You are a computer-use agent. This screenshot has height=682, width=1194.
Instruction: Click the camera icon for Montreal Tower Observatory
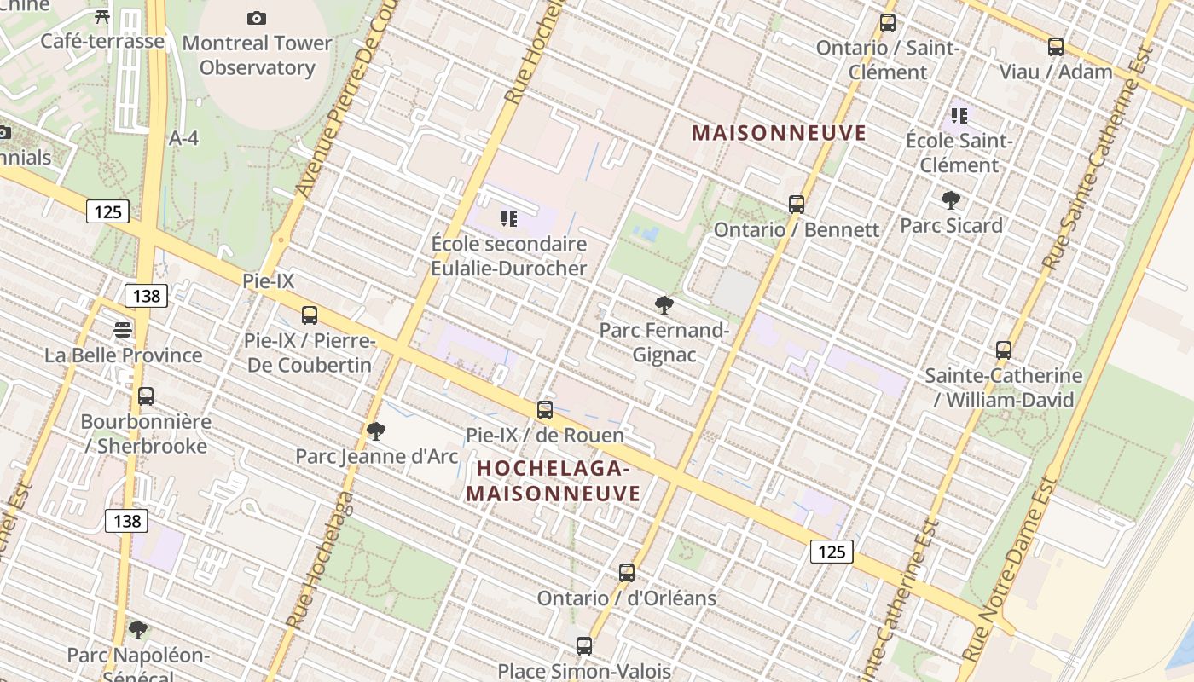256,18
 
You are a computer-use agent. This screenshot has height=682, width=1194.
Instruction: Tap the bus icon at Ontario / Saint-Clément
888,23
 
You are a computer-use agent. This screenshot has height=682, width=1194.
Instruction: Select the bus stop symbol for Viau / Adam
1056,47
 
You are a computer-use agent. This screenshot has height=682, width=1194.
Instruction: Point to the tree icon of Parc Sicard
951,200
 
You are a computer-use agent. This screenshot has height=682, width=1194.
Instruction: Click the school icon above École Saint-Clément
959,115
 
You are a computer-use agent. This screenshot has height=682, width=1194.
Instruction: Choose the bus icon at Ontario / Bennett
797,205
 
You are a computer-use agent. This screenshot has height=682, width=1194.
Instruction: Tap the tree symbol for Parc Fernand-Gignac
664,304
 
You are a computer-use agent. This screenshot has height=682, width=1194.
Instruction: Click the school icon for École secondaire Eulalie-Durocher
509,219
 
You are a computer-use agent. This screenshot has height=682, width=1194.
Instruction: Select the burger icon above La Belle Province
124,330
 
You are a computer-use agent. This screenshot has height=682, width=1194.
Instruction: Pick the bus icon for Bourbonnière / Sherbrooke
146,396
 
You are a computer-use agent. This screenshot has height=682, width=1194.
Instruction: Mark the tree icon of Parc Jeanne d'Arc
376,431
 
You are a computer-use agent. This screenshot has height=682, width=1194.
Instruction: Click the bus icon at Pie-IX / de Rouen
545,410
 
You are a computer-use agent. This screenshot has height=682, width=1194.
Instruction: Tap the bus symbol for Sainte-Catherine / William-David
1004,350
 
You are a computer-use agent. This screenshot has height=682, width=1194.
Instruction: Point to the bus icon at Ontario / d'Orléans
627,573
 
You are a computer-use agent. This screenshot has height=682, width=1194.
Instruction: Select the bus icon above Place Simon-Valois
584,646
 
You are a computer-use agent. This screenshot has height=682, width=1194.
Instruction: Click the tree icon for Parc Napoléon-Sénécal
138,630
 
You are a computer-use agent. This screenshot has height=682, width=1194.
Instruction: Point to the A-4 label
183,138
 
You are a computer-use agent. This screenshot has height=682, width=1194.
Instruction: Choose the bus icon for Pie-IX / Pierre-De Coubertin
310,315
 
